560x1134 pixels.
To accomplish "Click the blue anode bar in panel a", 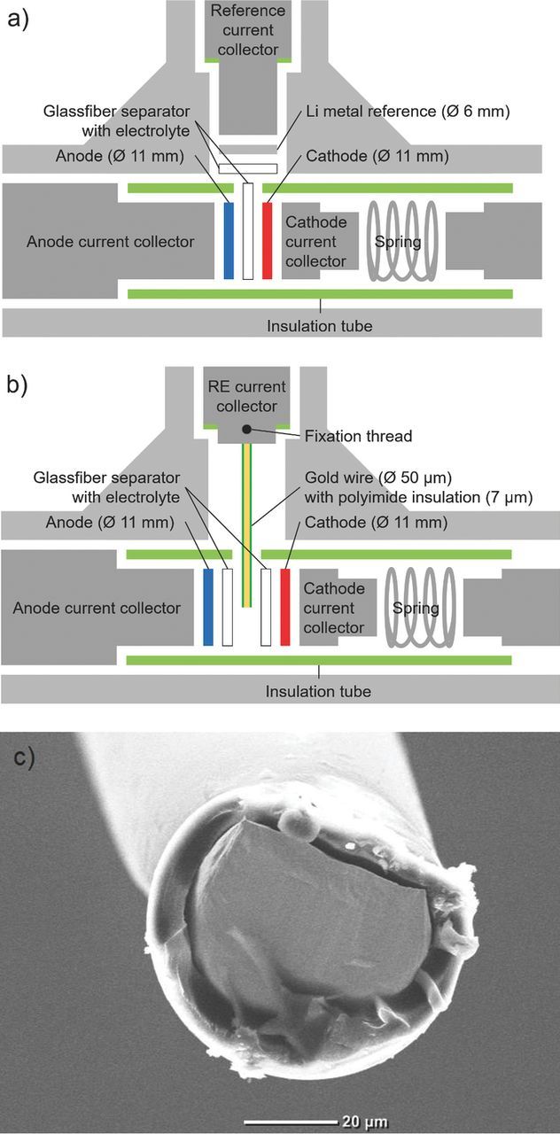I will (x=229, y=241).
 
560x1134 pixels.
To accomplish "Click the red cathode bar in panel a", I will (x=268, y=241).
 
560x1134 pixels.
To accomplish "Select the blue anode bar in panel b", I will (x=209, y=607).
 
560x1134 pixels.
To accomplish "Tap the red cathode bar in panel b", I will (x=285, y=607).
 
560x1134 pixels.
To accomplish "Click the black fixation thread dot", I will (x=248, y=429).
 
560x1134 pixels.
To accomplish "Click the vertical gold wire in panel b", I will (x=248, y=532).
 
